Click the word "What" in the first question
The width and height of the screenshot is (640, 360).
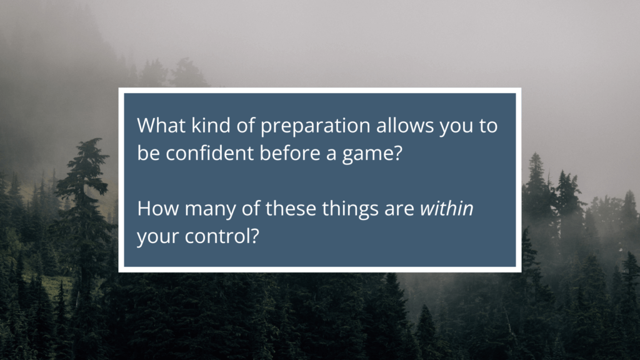(161, 125)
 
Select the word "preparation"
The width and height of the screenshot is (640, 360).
(315, 126)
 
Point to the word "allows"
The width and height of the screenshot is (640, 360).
(404, 125)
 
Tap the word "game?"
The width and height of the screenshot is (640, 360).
(372, 154)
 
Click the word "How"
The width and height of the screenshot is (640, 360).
(157, 209)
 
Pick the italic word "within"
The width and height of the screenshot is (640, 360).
(446, 209)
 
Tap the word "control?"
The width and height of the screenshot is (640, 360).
(222, 236)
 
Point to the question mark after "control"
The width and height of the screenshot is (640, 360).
(255, 236)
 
